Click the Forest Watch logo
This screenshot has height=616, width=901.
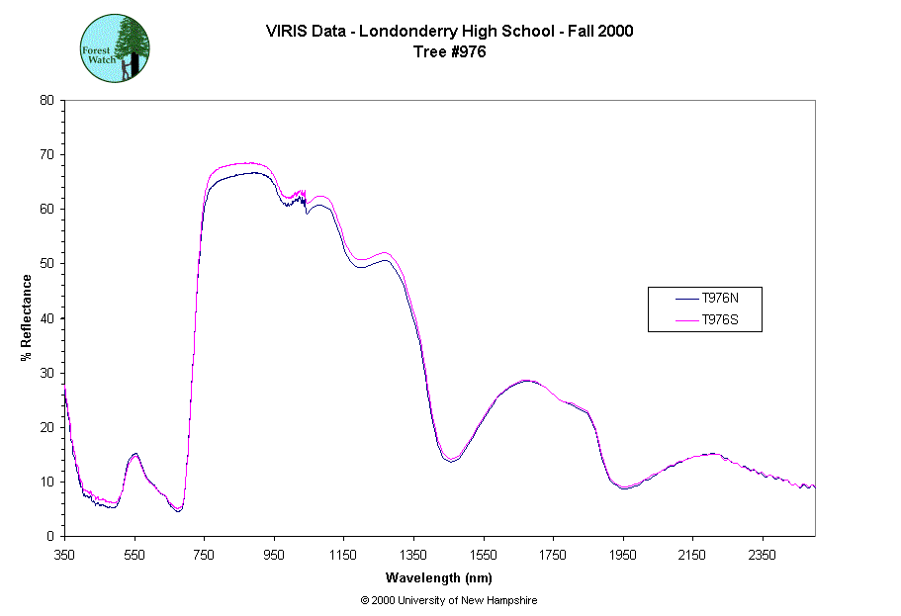point(115,48)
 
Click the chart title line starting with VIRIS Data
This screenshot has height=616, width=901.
point(449,31)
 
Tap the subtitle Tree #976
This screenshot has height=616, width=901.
point(450,52)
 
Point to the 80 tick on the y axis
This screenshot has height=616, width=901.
point(46,100)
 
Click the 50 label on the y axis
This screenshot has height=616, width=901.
point(46,263)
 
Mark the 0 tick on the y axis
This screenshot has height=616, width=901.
point(50,536)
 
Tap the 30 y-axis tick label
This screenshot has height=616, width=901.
point(46,373)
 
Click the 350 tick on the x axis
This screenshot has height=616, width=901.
point(64,555)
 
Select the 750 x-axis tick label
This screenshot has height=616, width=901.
point(204,555)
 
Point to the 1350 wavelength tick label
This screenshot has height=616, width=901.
point(413,555)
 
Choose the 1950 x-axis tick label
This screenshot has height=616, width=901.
point(622,555)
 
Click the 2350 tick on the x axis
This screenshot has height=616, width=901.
point(762,555)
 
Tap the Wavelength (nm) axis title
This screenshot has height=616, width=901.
point(439,577)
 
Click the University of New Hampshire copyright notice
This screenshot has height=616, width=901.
point(449,600)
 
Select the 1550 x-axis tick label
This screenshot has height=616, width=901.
point(483,555)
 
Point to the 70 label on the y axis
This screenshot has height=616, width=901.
point(46,154)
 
